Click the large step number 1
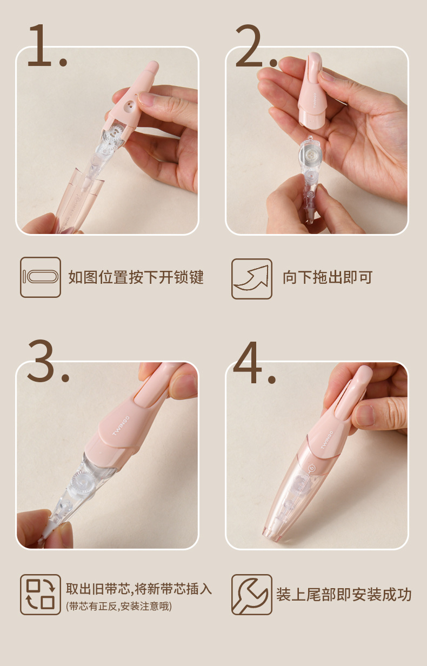41,46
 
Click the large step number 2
250,46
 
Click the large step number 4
248,361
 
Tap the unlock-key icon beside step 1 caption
41,277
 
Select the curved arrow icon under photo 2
252,279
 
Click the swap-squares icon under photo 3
41,594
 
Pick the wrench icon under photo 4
252,594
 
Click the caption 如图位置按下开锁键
136,278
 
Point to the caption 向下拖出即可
328,278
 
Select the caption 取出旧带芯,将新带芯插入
139,589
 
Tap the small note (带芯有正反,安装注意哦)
119,607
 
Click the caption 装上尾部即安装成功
344,595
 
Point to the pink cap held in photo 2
312,95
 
